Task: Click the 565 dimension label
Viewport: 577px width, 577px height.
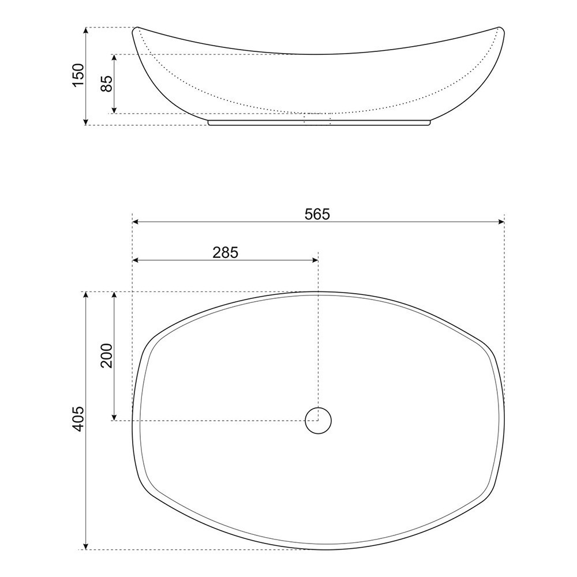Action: click(x=317, y=214)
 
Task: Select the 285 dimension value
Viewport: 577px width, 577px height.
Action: click(x=225, y=252)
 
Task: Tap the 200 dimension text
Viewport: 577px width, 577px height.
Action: click(x=106, y=356)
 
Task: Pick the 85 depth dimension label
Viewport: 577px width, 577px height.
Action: click(x=106, y=84)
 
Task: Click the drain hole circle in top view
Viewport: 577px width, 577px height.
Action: click(x=318, y=420)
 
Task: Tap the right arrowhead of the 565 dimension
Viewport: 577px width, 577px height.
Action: click(x=501, y=222)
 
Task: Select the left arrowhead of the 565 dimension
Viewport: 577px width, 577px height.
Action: click(x=136, y=222)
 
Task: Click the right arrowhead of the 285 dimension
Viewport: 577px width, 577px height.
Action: click(x=315, y=260)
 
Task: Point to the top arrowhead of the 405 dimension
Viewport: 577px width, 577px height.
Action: click(x=86, y=295)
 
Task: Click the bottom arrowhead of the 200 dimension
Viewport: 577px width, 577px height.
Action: click(x=114, y=417)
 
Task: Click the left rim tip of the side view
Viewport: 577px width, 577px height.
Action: click(x=136, y=29)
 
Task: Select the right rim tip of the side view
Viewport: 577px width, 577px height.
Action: click(x=500, y=29)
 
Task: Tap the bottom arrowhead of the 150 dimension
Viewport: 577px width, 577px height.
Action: click(x=86, y=122)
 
